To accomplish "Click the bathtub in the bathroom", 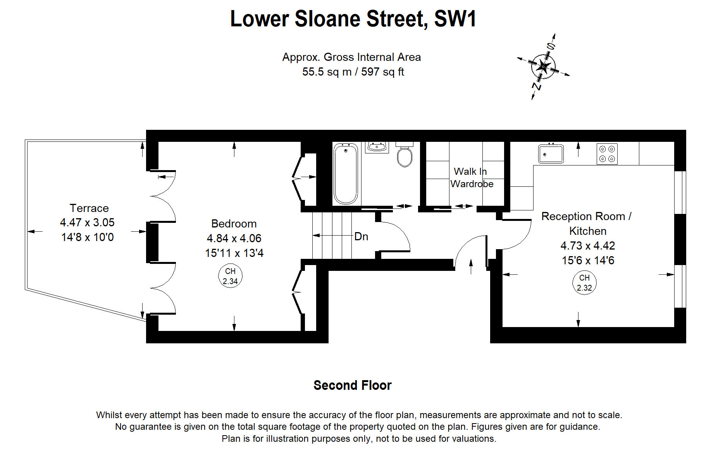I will click(346, 174).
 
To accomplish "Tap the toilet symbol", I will click(405, 155).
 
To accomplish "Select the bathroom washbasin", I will click(377, 148).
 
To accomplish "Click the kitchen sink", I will click(551, 153).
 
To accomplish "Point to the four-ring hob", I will click(607, 154).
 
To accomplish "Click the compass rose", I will click(543, 67).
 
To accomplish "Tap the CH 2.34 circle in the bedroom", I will click(230, 276).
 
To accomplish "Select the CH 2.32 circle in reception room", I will click(584, 283).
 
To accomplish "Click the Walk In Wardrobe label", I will click(471, 177).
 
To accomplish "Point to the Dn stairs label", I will click(361, 236).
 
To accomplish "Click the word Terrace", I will click(89, 208).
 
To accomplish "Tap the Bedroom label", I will click(234, 224).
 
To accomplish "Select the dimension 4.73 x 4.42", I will click(587, 246).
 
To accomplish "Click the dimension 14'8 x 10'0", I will click(88, 237).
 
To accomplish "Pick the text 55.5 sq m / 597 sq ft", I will click(353, 72).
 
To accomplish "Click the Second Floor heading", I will click(352, 385).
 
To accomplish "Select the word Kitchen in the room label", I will click(587, 231).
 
